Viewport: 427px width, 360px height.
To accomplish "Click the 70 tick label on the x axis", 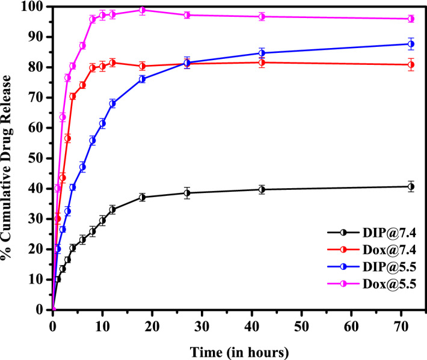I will click(401, 324).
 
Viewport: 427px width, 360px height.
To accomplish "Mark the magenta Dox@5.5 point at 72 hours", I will click(411, 19).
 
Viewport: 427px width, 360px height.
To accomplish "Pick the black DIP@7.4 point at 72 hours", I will click(411, 186).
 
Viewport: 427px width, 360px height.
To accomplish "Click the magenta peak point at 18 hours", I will click(143, 10).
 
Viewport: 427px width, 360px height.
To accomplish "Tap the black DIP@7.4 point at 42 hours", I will click(262, 189).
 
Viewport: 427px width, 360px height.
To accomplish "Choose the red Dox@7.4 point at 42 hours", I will click(262, 63).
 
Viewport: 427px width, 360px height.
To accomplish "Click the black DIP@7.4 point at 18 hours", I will click(143, 197).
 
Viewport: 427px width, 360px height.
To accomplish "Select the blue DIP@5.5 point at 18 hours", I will click(143, 79).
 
